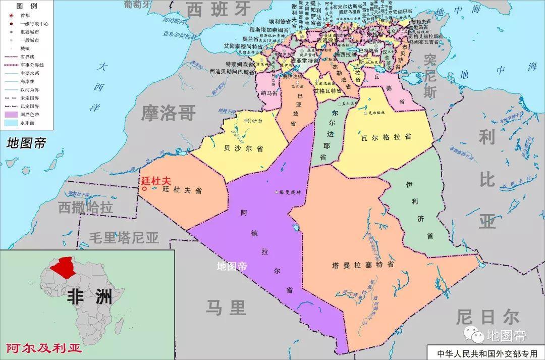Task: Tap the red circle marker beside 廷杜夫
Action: click(144, 189)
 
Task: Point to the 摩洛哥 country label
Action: click(168, 113)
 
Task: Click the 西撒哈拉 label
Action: click(85, 207)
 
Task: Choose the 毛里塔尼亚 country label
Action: click(124, 237)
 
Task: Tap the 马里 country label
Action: click(226, 307)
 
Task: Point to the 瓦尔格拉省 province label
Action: click(386, 137)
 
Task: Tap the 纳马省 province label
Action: click(269, 93)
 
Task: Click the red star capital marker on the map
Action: click(328, 25)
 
